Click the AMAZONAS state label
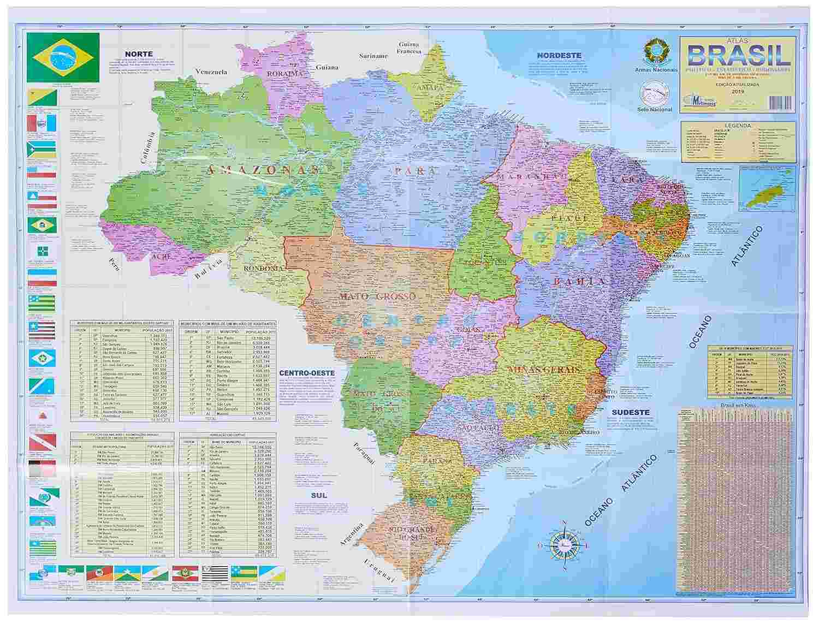pyautogui.click(x=263, y=170)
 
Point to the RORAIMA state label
pyautogui.click(x=284, y=73)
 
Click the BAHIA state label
pyautogui.click(x=571, y=281)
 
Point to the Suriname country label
pyautogui.click(x=373, y=56)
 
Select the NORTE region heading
pyautogui.click(x=138, y=54)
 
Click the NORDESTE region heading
pyautogui.click(x=559, y=55)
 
